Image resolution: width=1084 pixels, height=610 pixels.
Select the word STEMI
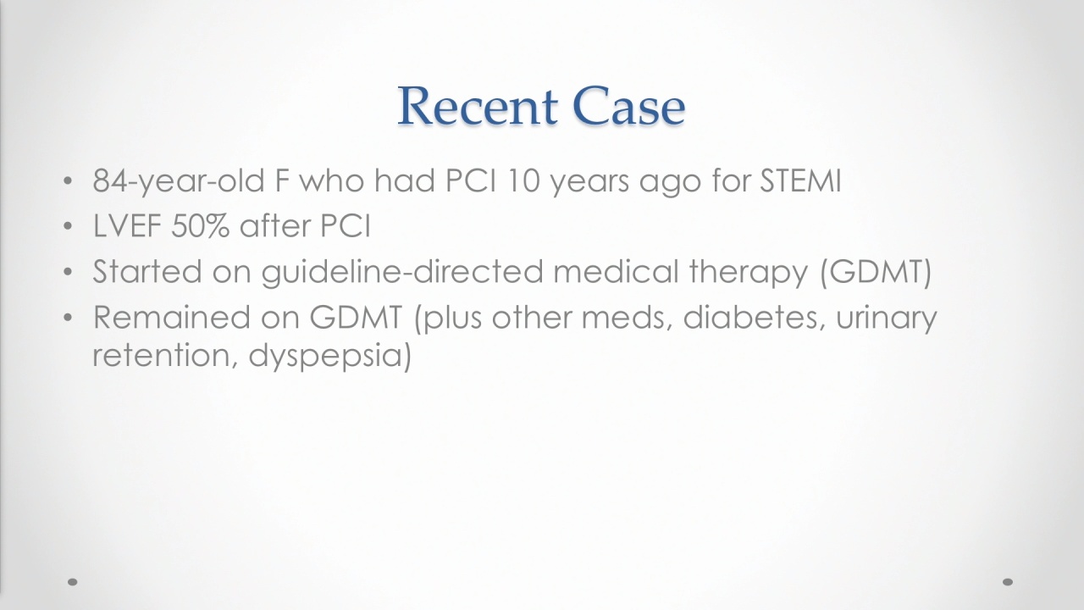tap(800, 180)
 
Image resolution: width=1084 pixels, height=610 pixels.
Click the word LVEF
tap(126, 226)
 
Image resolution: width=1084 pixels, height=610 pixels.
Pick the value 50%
tap(200, 226)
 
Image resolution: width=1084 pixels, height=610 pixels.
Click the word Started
tap(147, 271)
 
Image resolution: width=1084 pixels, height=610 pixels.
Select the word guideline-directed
tap(402, 272)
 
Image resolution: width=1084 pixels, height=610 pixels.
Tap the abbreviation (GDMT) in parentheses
tap(876, 272)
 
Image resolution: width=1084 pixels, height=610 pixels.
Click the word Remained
tap(172, 317)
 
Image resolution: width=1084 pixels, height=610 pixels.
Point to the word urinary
tap(887, 319)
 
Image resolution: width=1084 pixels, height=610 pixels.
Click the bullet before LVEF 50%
tap(68, 226)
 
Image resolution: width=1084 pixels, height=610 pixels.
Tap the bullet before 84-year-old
tap(68, 181)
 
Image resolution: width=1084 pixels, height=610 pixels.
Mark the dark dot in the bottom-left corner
tap(73, 582)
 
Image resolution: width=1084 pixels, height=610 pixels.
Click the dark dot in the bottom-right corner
tap(1008, 582)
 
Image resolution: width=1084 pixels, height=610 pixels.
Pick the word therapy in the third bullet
tap(748, 273)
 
